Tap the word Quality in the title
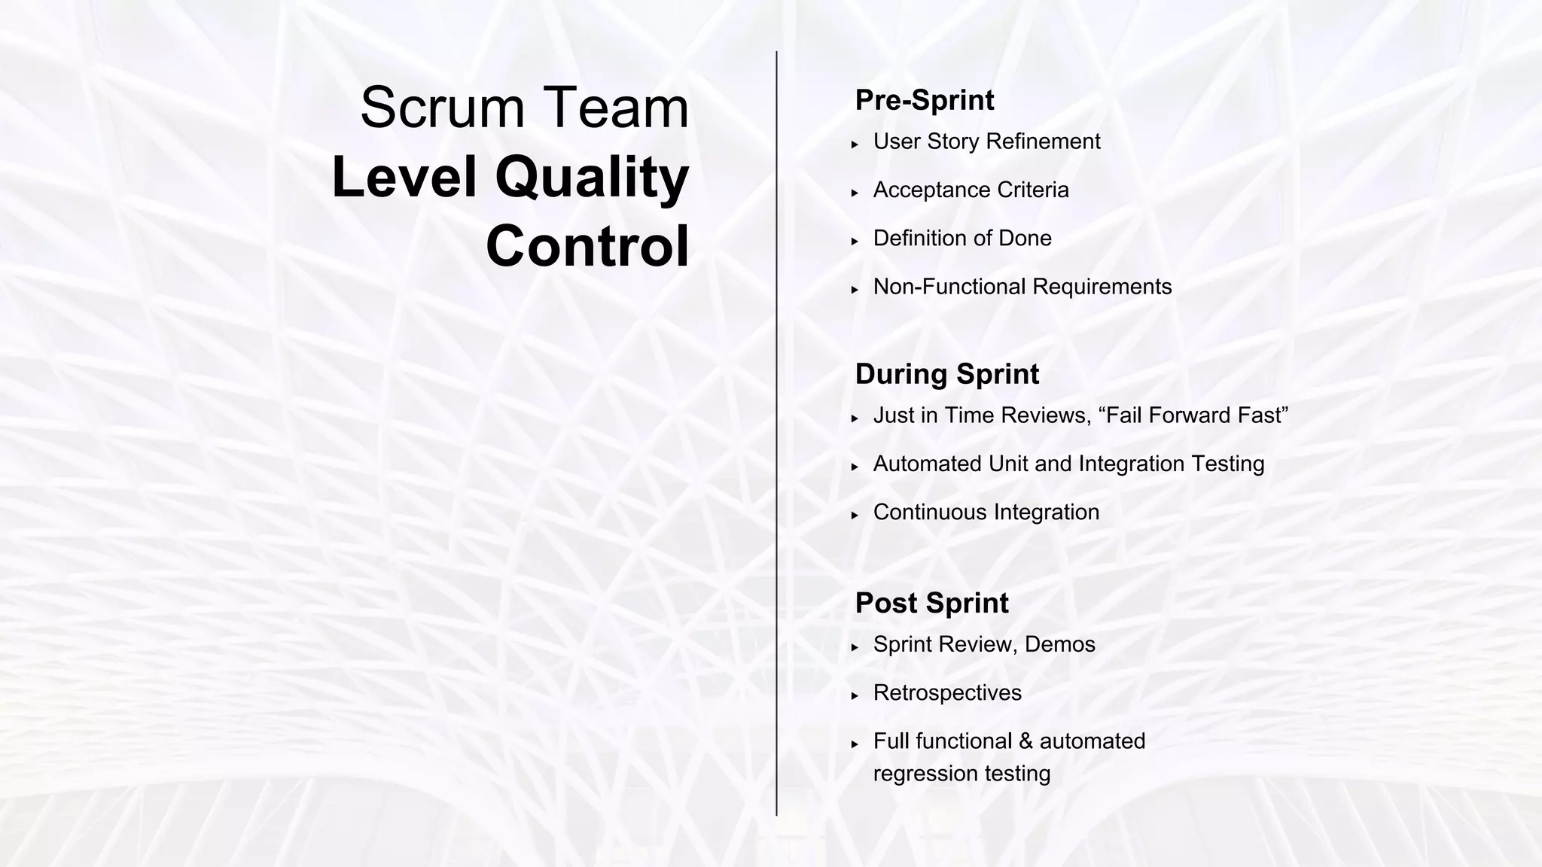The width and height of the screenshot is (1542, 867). pos(592,178)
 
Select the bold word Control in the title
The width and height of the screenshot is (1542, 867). pos(587,246)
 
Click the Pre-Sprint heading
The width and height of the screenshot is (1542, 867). pos(924,100)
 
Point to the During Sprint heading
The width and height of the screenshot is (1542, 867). pos(946,374)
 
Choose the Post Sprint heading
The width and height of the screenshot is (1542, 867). pos(931,603)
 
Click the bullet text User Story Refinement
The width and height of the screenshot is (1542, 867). pos(986,141)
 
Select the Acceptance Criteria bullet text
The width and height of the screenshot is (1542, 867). pos(971,190)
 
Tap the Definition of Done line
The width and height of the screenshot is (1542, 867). pos(961,239)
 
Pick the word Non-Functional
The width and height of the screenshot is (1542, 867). pos(949,287)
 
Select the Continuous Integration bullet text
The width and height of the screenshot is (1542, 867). pos(986,513)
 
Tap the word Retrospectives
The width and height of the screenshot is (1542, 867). pos(947,693)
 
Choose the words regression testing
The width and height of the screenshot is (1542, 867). pos(961,774)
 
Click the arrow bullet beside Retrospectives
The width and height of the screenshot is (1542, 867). pos(855,695)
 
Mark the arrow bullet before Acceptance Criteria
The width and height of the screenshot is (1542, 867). pos(855,193)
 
